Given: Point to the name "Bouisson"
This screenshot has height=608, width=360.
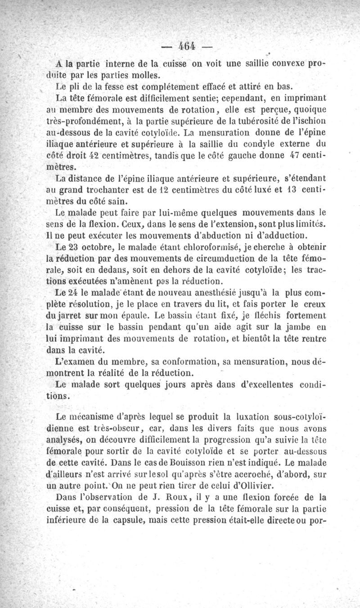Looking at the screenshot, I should pyautogui.click(x=190, y=464).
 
